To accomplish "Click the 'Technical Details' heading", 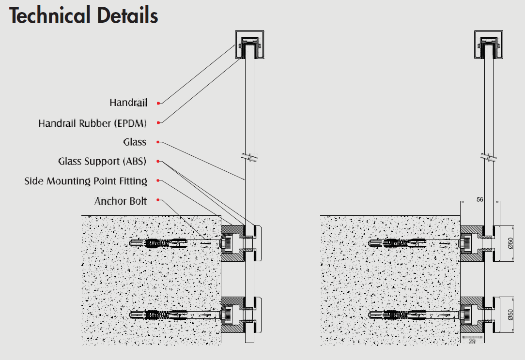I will point(84,15).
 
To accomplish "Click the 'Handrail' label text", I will point(128,103).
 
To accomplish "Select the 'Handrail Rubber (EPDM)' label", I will point(93,123).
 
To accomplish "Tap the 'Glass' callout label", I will point(135,142).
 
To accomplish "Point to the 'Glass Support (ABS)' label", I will point(102,161).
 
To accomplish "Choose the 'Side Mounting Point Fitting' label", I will point(86,181).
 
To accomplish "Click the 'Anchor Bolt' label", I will point(121,200).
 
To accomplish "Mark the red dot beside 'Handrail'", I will point(158,103).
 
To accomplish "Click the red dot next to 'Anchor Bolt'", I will point(158,200).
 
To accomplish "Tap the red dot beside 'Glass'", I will point(158,142).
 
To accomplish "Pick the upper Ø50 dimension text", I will point(510,243).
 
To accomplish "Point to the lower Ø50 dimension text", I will point(510,315).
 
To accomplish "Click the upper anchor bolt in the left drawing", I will point(170,242).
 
